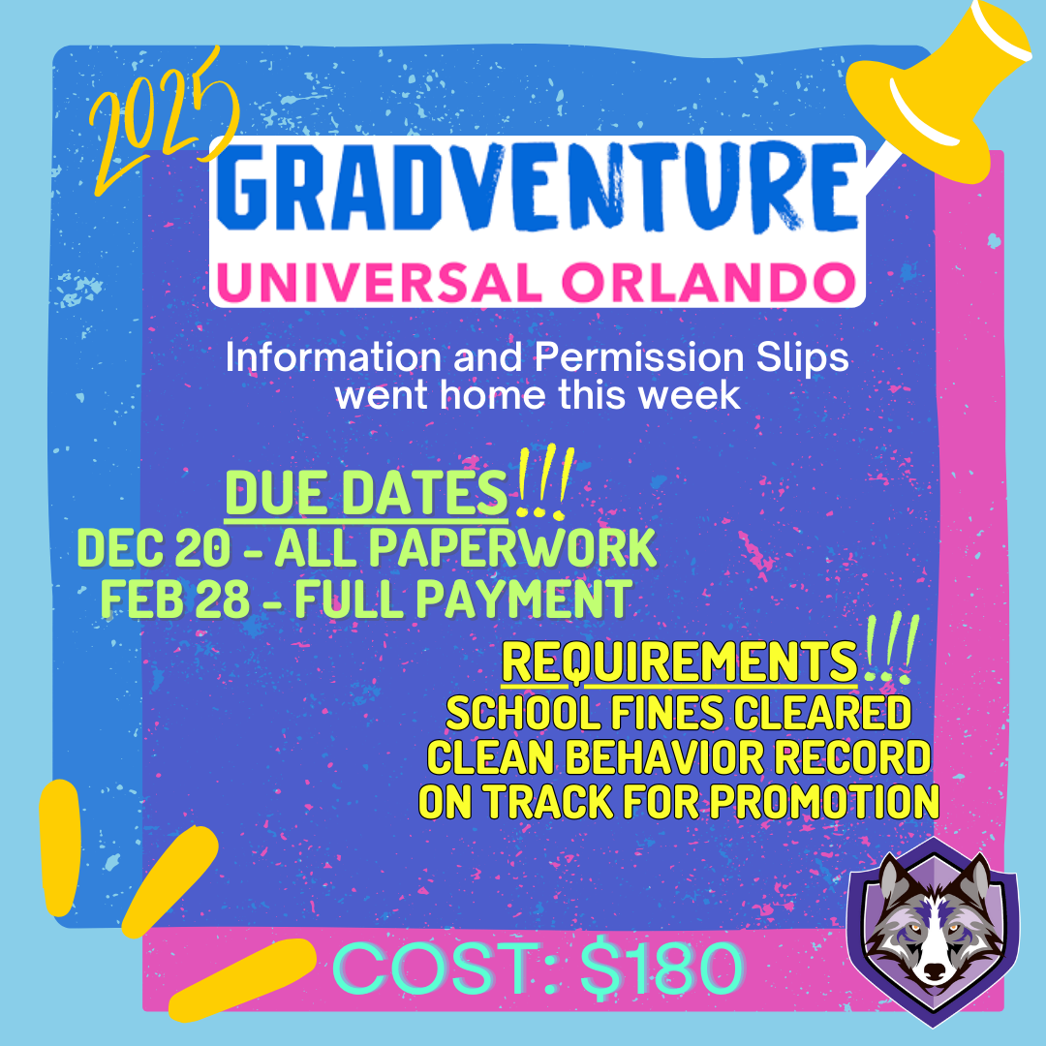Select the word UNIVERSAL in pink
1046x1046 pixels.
tap(379, 282)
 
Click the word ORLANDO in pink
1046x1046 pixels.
tap(709, 282)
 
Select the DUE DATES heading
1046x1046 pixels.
tap(366, 492)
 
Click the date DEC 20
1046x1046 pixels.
tap(154, 548)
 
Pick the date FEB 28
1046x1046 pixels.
tap(174, 599)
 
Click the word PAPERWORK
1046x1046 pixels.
tap(512, 548)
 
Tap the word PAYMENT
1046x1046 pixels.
tap(524, 599)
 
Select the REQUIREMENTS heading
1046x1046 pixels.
tap(679, 661)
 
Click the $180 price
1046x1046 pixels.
tap(661, 968)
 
